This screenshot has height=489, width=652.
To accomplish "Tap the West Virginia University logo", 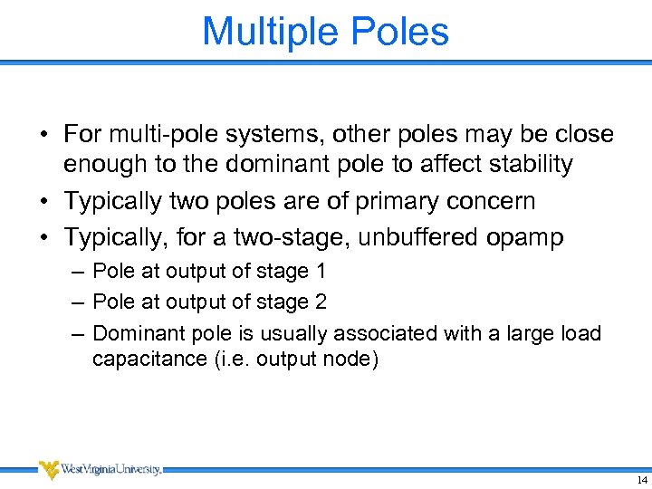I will point(100,470).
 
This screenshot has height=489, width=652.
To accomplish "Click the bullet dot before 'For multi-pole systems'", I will point(43,136).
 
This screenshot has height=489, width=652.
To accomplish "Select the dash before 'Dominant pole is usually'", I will point(75,333).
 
